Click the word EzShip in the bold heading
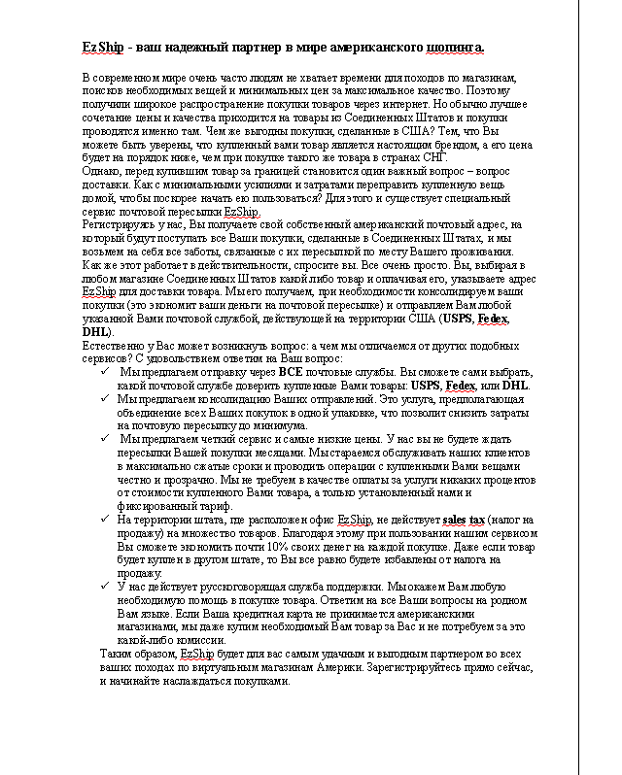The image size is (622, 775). [x=100, y=47]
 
